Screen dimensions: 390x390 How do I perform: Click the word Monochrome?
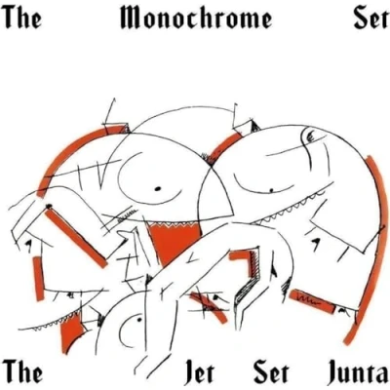196,17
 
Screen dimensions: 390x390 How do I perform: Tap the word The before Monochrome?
23,17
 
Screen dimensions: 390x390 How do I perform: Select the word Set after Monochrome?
370,18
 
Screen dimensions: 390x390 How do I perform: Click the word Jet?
199,373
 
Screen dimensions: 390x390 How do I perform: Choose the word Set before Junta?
271,373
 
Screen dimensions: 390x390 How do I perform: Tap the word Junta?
357,373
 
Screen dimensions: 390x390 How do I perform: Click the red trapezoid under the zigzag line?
173,241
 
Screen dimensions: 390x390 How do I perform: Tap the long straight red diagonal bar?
76,238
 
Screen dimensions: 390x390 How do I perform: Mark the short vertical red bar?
38,279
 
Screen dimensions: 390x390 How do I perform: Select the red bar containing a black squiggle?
311,300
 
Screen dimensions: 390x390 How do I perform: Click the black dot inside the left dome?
158,188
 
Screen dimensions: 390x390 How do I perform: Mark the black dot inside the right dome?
272,189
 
